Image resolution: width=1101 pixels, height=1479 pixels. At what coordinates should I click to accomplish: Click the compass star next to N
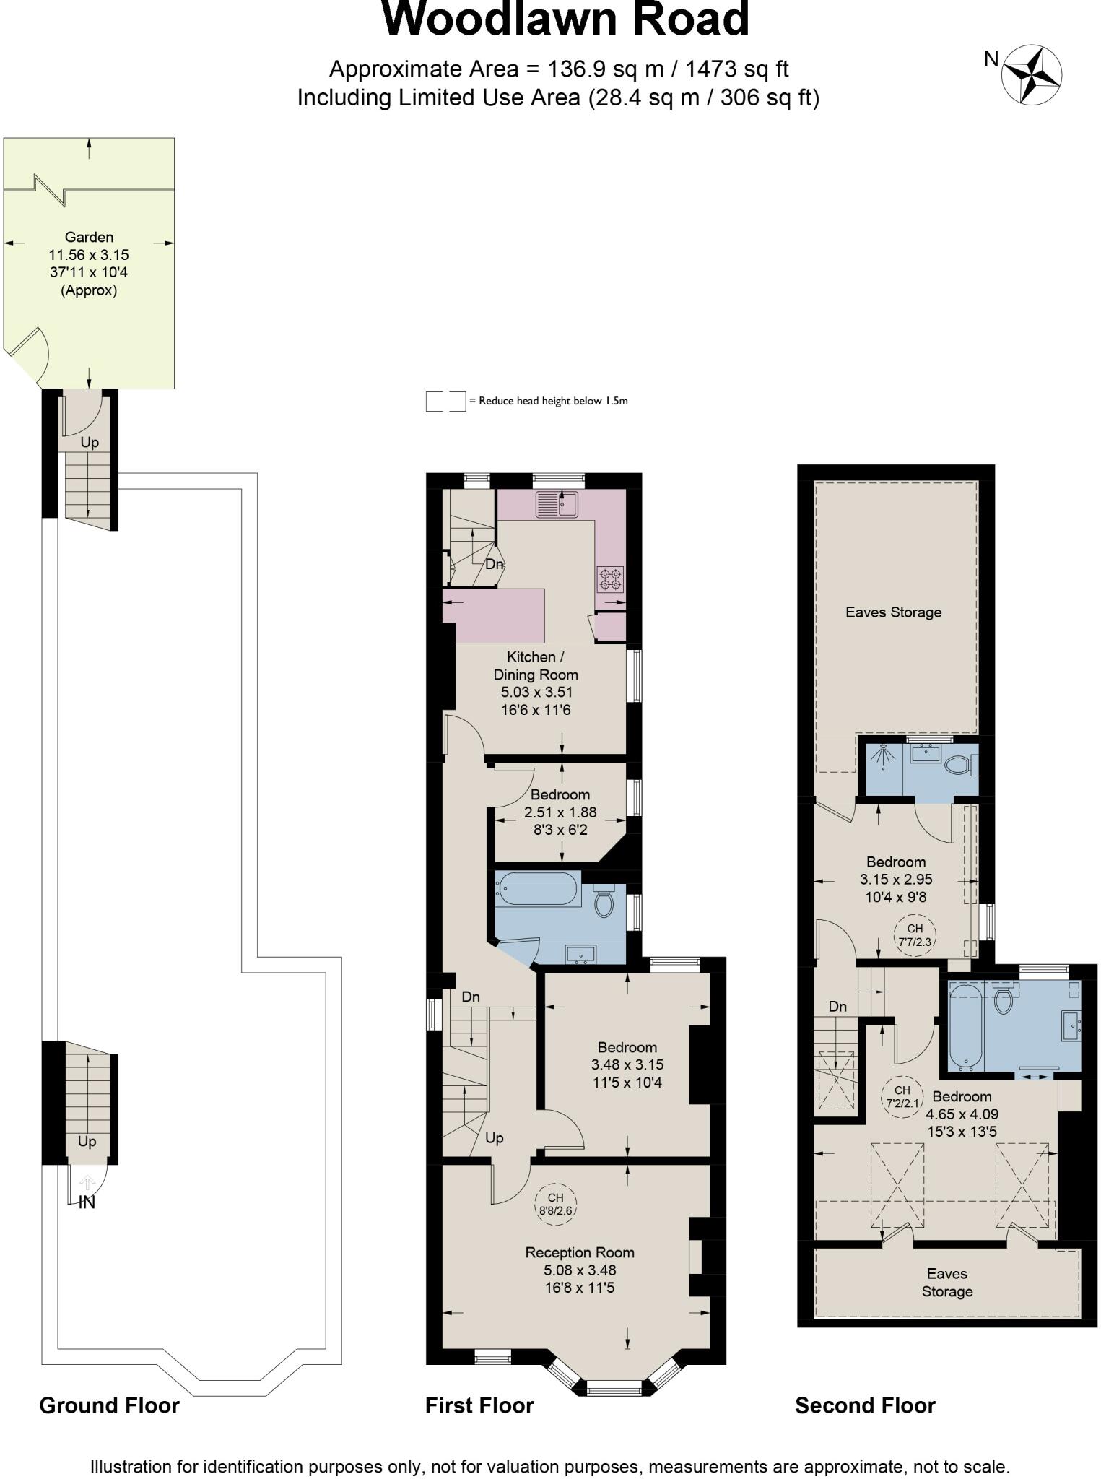(1032, 74)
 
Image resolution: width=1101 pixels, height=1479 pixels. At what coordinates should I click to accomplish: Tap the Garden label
(89, 237)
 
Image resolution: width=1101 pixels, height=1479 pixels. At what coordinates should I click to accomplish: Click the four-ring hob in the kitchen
(610, 578)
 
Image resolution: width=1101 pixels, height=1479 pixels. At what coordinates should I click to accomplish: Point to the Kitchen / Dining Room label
(535, 666)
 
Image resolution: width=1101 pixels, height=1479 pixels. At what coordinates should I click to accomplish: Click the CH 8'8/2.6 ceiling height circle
(555, 1204)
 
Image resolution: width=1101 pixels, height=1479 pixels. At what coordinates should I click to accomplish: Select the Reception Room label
(579, 1252)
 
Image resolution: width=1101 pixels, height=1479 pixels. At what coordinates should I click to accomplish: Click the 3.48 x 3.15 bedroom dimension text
(627, 1064)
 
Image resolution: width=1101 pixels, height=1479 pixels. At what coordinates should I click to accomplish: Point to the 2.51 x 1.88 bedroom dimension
(560, 812)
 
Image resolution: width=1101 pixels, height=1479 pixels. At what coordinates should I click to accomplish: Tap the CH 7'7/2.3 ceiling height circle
(915, 935)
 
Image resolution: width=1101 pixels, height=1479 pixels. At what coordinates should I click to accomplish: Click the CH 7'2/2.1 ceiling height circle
(902, 1096)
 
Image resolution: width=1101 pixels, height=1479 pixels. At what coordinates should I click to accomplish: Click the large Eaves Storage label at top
(893, 612)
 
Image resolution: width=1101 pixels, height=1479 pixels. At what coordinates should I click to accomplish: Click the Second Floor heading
(865, 1405)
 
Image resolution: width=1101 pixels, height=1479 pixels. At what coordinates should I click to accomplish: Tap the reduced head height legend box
(445, 402)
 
